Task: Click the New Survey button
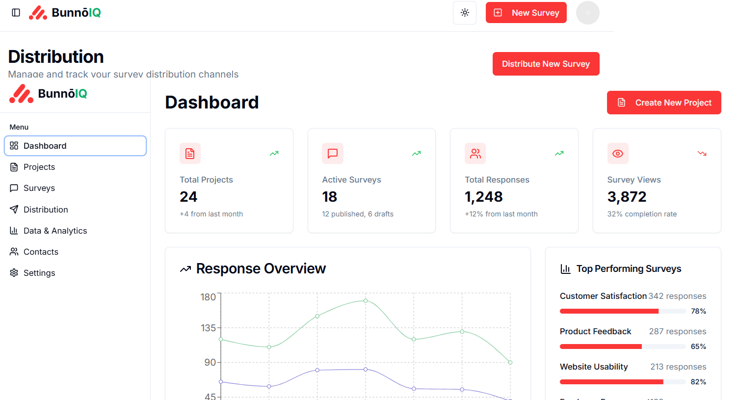526,13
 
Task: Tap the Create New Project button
664,103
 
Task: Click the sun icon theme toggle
465,13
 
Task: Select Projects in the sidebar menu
39,167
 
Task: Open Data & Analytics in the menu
55,231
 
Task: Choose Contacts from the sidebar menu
41,252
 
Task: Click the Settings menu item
39,273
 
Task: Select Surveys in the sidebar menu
39,188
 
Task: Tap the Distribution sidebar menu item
46,210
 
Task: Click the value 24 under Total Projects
188,197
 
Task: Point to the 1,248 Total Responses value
484,197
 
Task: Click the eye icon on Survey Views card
618,154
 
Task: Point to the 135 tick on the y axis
209,328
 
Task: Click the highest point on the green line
366,300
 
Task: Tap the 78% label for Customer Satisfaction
698,311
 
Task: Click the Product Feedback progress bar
623,347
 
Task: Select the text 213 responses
678,367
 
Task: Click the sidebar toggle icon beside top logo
16,13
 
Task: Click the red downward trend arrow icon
702,154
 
